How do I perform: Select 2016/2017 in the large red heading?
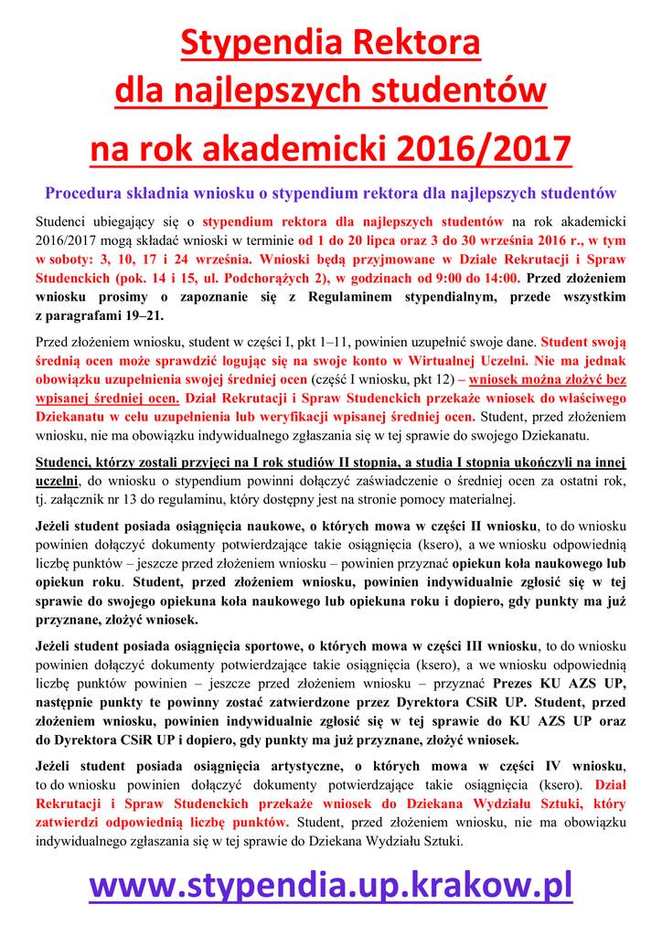[484, 149]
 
